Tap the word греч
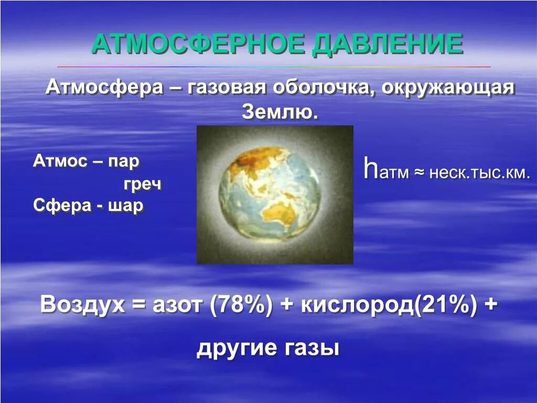pos(142,184)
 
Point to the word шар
pos(125,205)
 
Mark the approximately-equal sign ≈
pos(418,173)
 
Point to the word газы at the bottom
pos(312,348)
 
